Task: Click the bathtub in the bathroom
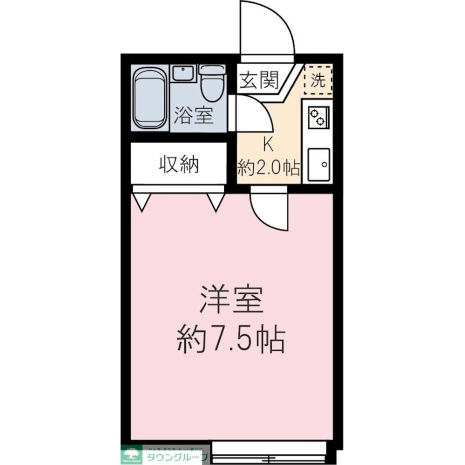(150, 98)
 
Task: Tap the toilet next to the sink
(213, 83)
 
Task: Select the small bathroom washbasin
(183, 73)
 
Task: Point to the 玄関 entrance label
(259, 81)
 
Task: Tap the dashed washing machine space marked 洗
(318, 80)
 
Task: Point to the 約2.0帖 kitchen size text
(269, 167)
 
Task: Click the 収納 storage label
(179, 164)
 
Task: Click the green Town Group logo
(132, 454)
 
